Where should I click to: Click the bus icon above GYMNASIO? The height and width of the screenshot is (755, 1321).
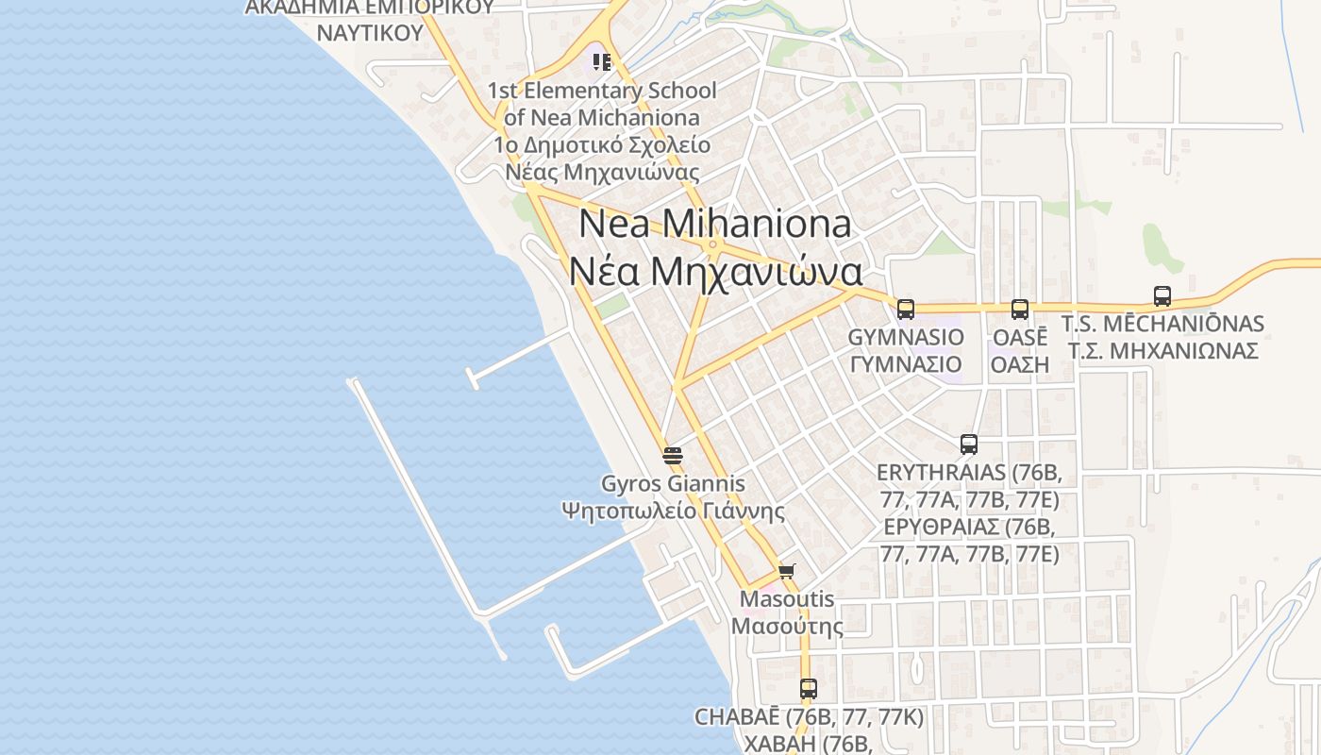point(906,309)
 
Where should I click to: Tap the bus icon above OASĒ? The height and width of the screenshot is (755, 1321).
point(1020,309)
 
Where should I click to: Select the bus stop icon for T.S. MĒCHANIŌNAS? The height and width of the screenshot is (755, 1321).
point(1162,296)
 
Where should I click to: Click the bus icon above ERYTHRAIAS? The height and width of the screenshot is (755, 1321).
point(968,445)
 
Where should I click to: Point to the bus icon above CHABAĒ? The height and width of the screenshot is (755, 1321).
point(808,689)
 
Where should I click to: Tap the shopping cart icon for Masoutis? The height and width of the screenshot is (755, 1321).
point(787,571)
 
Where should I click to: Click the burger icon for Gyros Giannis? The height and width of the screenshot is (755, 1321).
point(673,456)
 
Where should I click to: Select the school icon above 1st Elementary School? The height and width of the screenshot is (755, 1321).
point(602,62)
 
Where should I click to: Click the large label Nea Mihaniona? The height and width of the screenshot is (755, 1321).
point(714,224)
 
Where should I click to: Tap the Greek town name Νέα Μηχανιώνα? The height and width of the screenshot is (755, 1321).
point(714,272)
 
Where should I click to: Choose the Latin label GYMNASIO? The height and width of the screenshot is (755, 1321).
point(906,337)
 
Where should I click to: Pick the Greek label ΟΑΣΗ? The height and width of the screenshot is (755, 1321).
point(1020,364)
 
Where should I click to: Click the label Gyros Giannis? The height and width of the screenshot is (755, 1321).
point(673,484)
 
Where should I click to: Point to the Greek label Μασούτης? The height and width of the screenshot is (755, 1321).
point(787,626)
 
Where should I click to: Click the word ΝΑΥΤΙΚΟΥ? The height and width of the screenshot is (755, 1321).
point(369,33)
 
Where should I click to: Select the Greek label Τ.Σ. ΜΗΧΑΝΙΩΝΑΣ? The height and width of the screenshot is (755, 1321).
point(1162,351)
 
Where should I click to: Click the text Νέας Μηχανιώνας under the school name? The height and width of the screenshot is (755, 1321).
point(602,173)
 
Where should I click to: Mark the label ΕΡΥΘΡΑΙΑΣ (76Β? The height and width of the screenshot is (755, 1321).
point(968,527)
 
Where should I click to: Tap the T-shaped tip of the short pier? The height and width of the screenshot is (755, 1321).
point(473,379)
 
